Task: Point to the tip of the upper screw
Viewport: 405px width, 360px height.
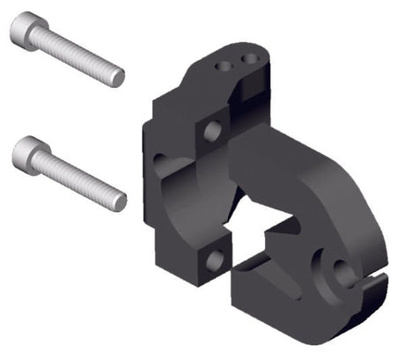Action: (119, 78)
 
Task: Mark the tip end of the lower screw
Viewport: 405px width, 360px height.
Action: (121, 202)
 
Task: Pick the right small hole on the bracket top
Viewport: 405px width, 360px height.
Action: (250, 58)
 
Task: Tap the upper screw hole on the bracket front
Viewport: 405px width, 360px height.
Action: (212, 132)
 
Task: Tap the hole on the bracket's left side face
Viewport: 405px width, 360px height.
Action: (159, 164)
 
